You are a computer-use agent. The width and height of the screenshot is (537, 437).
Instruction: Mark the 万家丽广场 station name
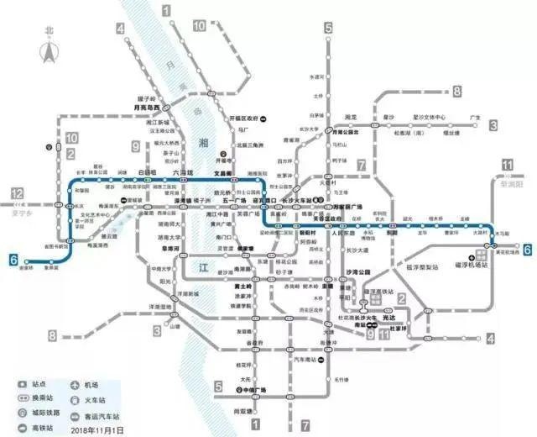coord(347,205)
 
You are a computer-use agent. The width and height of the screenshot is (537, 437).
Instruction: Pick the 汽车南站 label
coord(304,360)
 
